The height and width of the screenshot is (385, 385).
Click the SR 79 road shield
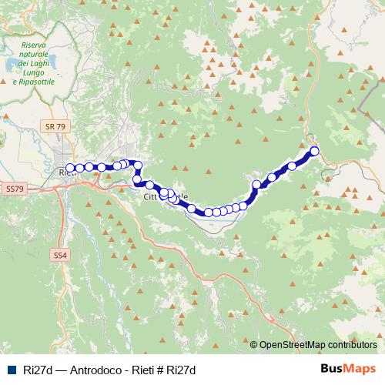pos(52,125)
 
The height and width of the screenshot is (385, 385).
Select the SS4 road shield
pos(61,254)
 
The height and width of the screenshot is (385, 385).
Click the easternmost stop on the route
pos(313,151)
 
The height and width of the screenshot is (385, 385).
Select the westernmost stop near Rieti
pos(71,168)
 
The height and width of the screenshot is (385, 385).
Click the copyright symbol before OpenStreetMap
pos(254,344)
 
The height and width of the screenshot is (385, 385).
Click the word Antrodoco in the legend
pos(95,370)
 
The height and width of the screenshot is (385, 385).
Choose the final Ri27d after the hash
pos(180,370)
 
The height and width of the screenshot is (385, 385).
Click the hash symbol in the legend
pos(159,370)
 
